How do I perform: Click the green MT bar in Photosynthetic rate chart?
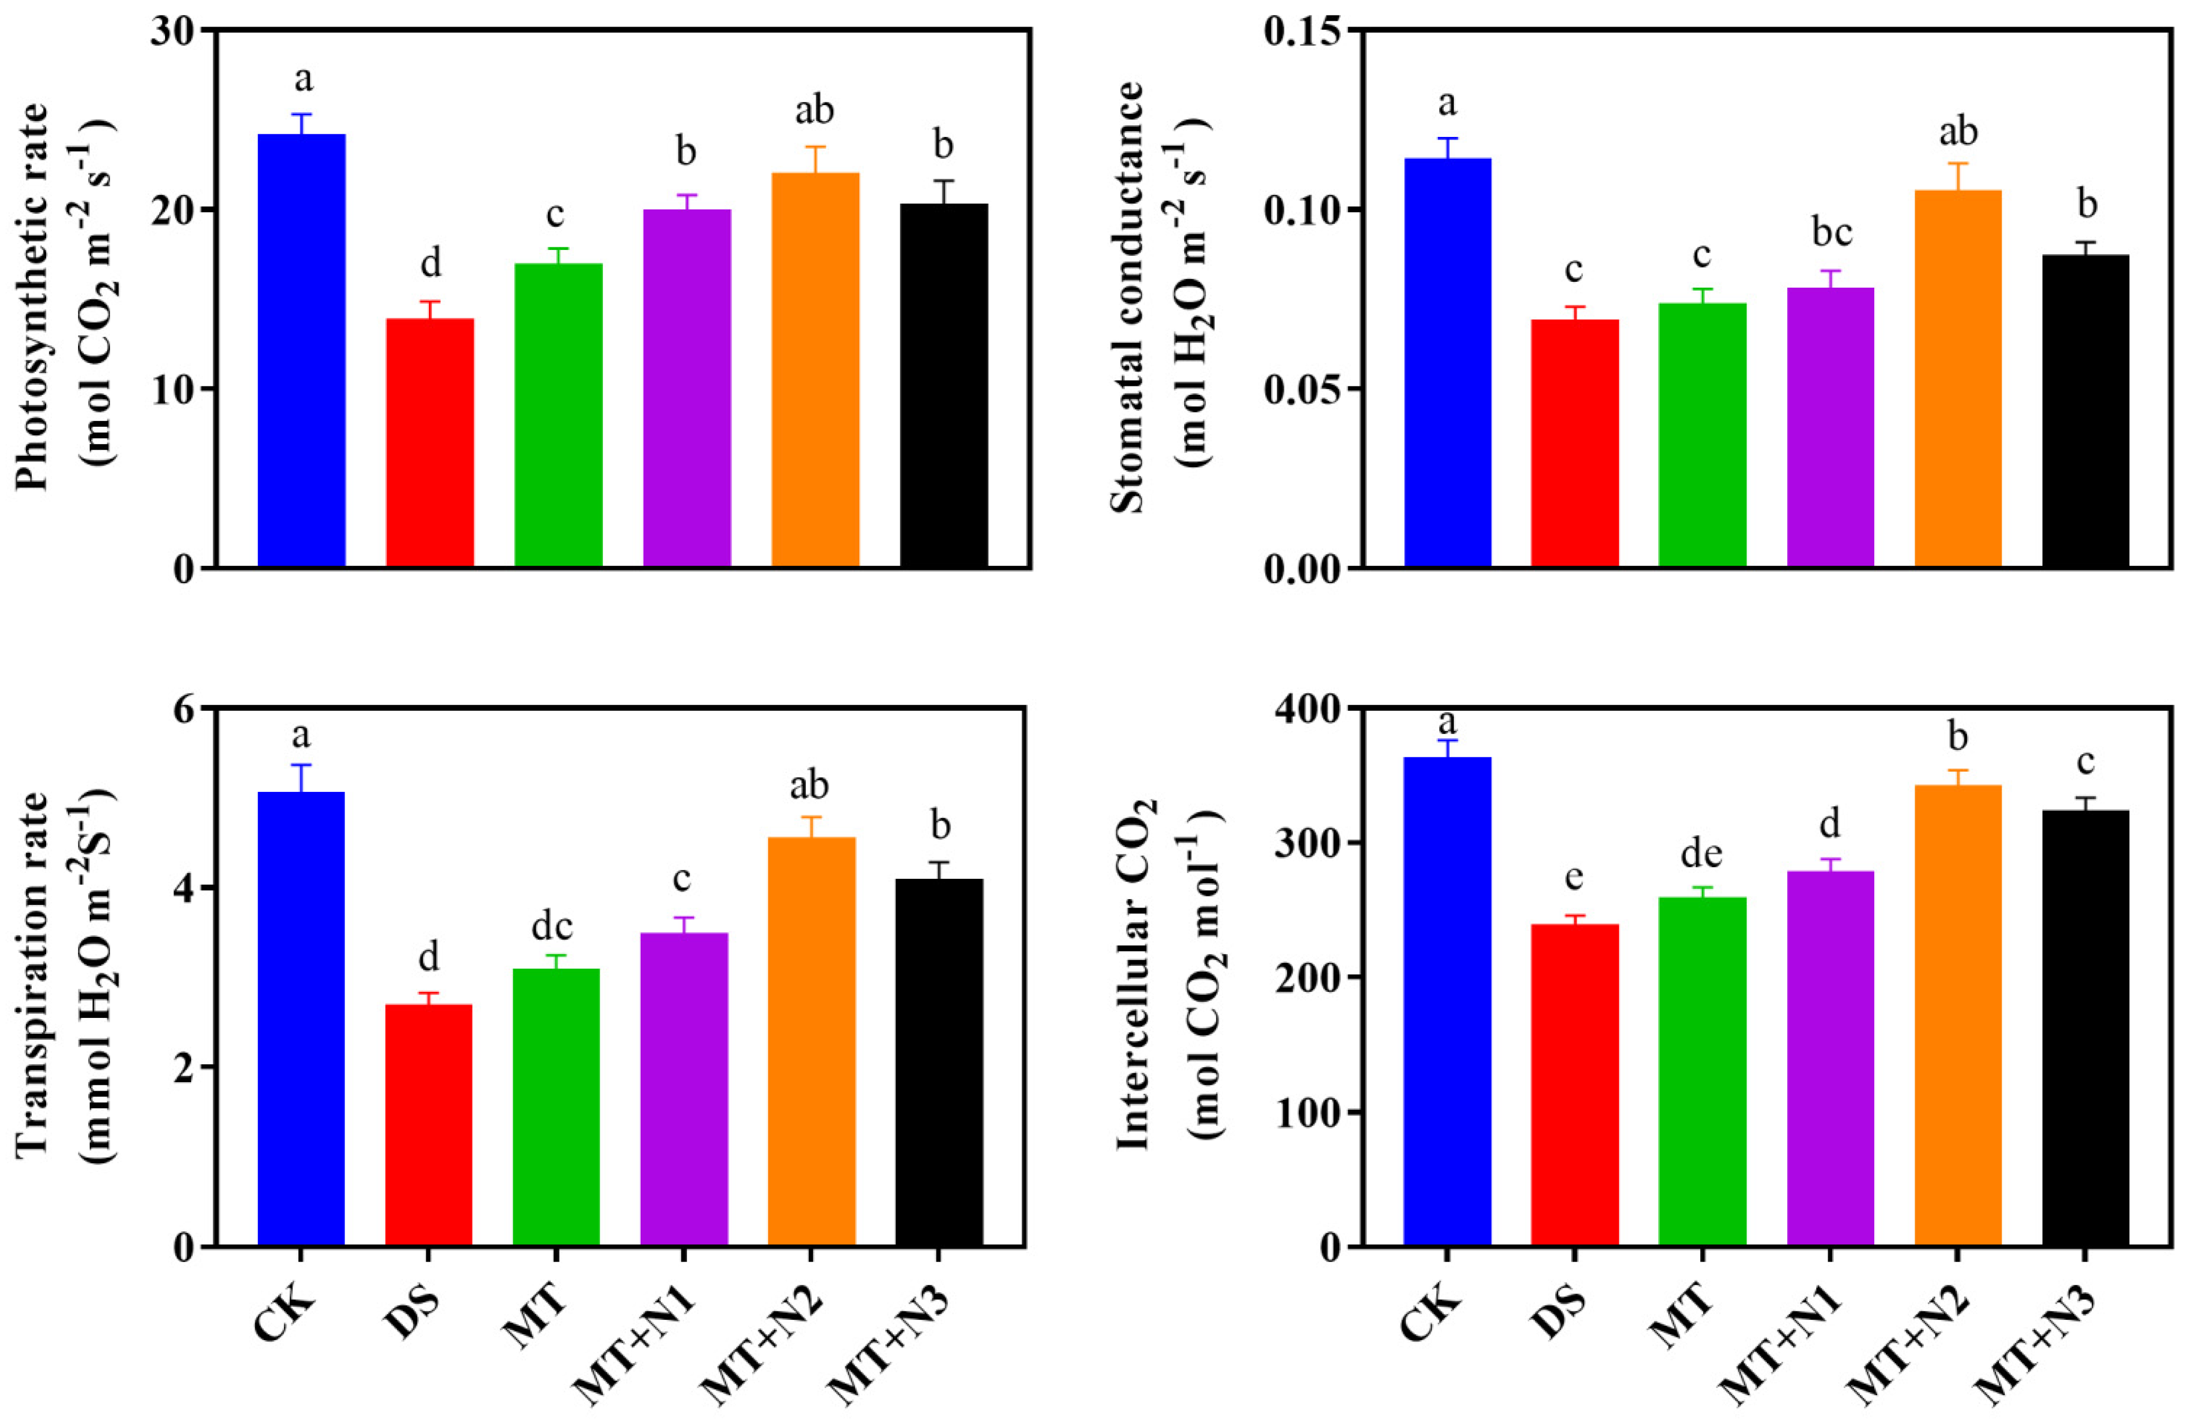[x=558, y=414]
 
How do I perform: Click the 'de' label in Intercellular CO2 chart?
[x=1701, y=854]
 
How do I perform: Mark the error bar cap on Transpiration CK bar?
[x=301, y=764]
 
